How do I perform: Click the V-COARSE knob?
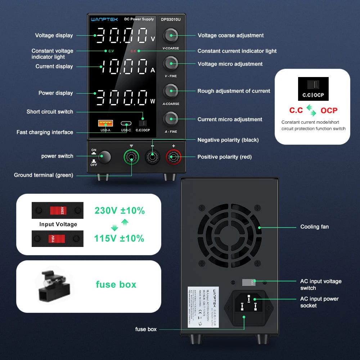pyautogui.click(x=171, y=35)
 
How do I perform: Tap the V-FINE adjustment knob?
pyautogui.click(x=171, y=63)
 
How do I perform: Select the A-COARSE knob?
pyautogui.click(x=171, y=91)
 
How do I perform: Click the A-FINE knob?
pyautogui.click(x=171, y=119)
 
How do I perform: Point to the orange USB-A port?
pyautogui.click(x=105, y=123)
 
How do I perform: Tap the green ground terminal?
pyautogui.click(x=131, y=157)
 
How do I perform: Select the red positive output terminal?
pyautogui.click(x=173, y=157)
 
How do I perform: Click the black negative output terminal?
pyautogui.click(x=152, y=157)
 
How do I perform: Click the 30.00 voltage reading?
pyautogui.click(x=122, y=35)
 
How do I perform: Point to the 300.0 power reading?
pyautogui.click(x=122, y=97)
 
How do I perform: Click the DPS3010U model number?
pyautogui.click(x=171, y=19)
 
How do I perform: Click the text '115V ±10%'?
pyautogui.click(x=119, y=238)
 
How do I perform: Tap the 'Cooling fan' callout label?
pyautogui.click(x=314, y=227)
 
